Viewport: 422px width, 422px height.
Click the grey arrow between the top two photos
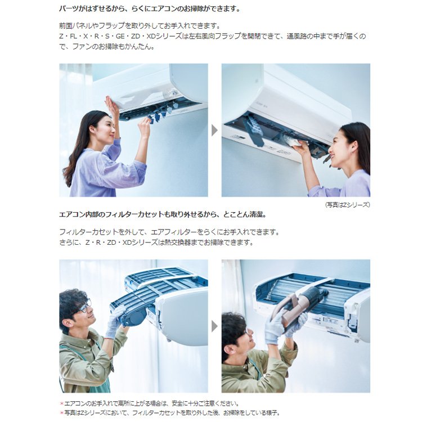click(x=214, y=131)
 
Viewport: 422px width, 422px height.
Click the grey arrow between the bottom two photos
click(x=214, y=326)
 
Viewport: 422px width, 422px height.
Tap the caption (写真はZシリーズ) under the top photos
click(x=348, y=205)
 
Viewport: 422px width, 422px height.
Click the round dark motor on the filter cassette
click(x=137, y=318)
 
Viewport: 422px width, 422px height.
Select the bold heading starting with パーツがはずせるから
click(x=150, y=8)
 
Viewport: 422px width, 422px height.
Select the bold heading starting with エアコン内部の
click(x=163, y=214)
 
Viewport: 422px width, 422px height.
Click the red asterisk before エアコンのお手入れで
click(x=62, y=403)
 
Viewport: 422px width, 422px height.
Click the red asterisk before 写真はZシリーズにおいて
click(x=62, y=412)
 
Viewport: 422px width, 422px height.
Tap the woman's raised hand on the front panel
click(x=112, y=106)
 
